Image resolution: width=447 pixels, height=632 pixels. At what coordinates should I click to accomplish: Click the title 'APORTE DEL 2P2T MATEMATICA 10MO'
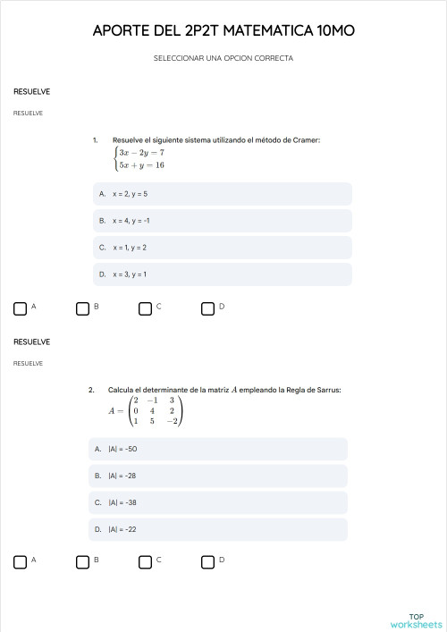(x=223, y=31)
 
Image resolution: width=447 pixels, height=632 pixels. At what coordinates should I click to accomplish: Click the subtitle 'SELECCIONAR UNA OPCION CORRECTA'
(x=223, y=59)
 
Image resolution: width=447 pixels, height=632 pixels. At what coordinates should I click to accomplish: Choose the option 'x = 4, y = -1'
(x=223, y=221)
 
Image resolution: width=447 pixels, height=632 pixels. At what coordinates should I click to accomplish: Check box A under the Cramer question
(x=20, y=308)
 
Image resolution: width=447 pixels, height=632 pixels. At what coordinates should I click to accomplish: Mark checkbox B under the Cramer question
(x=82, y=308)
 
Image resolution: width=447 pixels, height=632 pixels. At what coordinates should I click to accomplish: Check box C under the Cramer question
(x=145, y=308)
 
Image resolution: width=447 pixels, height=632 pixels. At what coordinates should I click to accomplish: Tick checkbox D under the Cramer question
(x=207, y=308)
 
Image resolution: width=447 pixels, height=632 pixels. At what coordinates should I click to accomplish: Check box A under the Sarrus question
(x=20, y=561)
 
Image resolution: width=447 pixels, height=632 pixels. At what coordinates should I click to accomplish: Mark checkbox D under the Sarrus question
(x=207, y=561)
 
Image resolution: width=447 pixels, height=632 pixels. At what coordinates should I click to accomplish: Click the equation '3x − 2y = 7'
(x=141, y=153)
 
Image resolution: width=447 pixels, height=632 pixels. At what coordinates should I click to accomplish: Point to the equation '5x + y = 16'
(x=141, y=165)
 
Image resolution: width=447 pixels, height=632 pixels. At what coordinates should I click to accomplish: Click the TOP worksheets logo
(x=416, y=620)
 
